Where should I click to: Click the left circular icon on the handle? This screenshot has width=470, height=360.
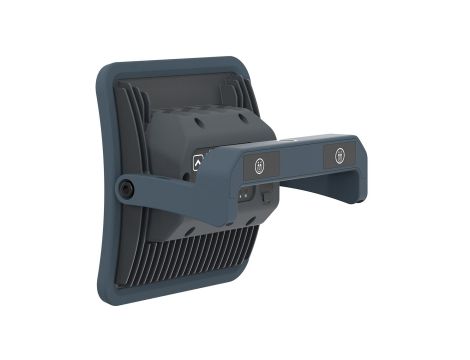(260, 164)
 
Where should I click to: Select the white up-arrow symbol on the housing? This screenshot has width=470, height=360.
(198, 162)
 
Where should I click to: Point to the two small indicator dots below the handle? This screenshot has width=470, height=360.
(243, 196)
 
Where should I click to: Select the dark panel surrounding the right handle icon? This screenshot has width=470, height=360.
(341, 156)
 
